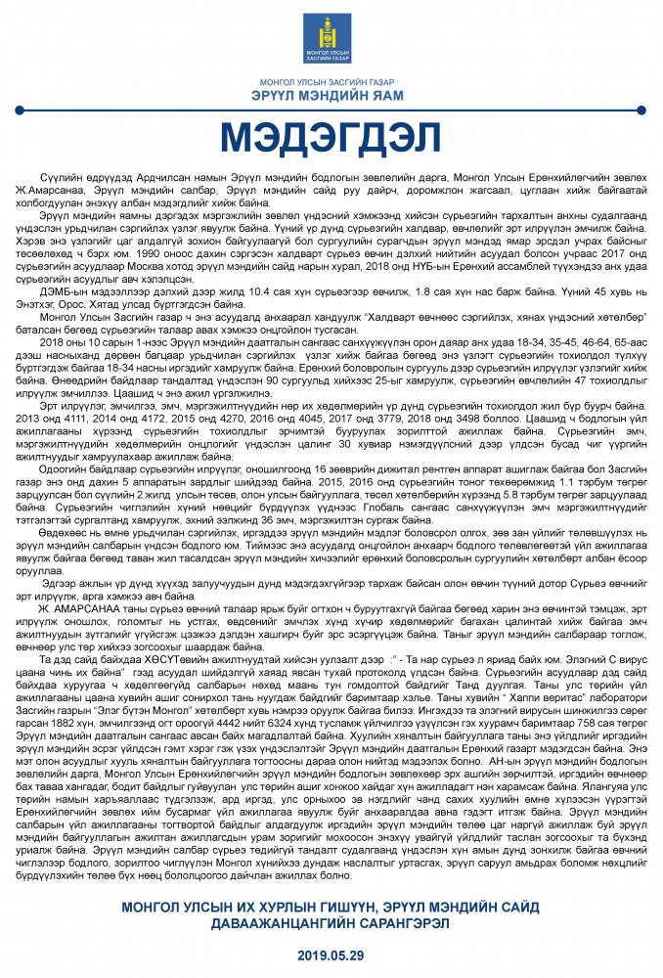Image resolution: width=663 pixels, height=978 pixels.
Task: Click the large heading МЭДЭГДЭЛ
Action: (x=331, y=137)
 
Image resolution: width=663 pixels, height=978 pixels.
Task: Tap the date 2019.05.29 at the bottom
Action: (x=331, y=953)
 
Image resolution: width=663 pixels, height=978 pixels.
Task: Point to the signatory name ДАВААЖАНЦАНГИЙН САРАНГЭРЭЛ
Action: (x=331, y=924)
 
